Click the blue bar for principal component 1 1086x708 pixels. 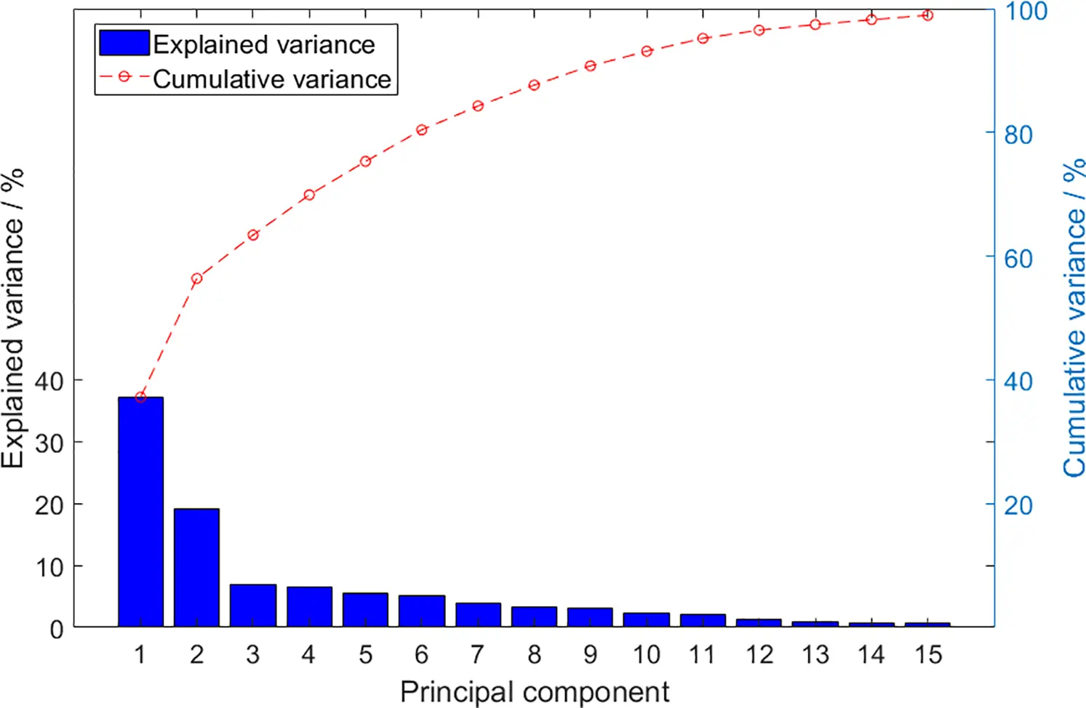point(140,512)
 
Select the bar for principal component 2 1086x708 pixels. point(196,568)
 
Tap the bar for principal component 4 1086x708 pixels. point(309,607)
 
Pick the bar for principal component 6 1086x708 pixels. point(422,611)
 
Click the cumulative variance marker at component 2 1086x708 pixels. point(196,278)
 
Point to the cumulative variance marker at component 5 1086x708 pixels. point(366,161)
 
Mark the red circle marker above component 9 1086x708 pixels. point(591,66)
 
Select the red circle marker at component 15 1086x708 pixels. point(927,15)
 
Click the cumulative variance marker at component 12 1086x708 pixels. point(759,31)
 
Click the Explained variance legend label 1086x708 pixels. point(264,44)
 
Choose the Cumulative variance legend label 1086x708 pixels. point(272,79)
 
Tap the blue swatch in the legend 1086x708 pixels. point(124,43)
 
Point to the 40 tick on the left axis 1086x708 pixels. point(49,381)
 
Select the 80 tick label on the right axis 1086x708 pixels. point(1018,134)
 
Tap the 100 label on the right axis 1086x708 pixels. point(1025,12)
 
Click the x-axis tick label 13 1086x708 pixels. point(815,655)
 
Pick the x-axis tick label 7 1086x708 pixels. point(478,655)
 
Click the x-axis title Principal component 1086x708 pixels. point(535,691)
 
